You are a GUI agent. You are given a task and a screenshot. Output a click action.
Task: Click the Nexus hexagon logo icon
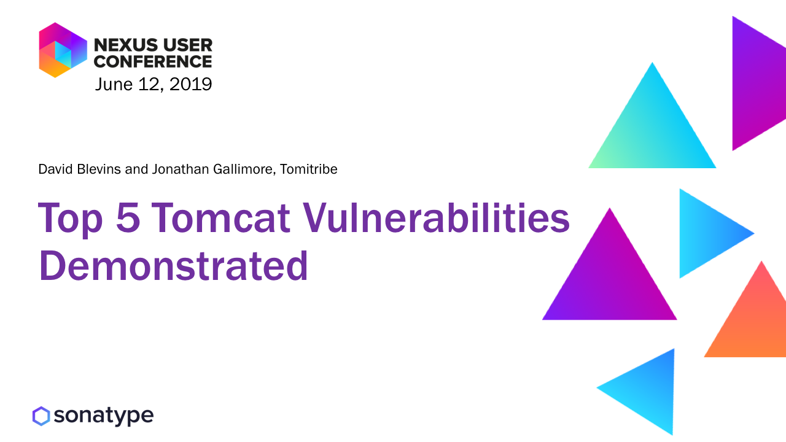pyautogui.click(x=63, y=50)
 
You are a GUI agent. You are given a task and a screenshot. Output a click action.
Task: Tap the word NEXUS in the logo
pyautogui.click(x=126, y=45)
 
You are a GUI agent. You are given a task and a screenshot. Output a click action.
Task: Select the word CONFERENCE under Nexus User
pyautogui.click(x=153, y=61)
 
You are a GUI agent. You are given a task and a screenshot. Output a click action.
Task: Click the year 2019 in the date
pyautogui.click(x=190, y=84)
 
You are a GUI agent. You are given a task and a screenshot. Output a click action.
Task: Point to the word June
pyautogui.click(x=114, y=84)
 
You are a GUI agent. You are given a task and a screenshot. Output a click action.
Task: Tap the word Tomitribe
pyautogui.click(x=308, y=169)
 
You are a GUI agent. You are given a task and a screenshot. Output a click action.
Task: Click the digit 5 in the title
pyautogui.click(x=128, y=217)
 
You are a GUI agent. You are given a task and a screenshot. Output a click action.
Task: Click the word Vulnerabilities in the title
pyautogui.click(x=436, y=217)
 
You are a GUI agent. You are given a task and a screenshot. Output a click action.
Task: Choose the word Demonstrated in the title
pyautogui.click(x=174, y=266)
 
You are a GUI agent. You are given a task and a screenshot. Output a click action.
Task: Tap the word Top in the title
pyautogui.click(x=70, y=219)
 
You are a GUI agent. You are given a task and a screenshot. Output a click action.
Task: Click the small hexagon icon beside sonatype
pyautogui.click(x=41, y=416)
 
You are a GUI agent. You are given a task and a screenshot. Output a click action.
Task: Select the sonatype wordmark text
pyautogui.click(x=104, y=416)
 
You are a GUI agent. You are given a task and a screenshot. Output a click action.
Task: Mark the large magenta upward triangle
pyautogui.click(x=610, y=281)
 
